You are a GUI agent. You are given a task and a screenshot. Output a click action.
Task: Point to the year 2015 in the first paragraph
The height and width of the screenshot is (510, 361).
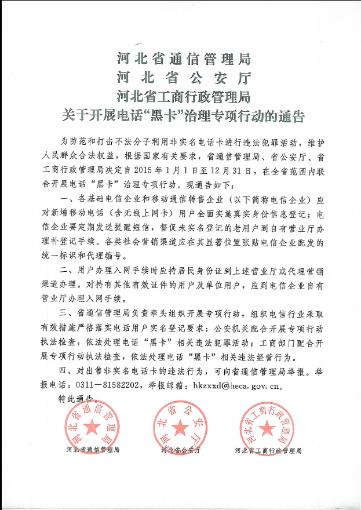click(x=159, y=172)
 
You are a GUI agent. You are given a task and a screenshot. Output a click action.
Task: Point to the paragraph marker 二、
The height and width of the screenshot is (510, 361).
click(x=80, y=271)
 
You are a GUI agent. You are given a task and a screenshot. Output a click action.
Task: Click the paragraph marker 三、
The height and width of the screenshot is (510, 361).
click(x=80, y=314)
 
